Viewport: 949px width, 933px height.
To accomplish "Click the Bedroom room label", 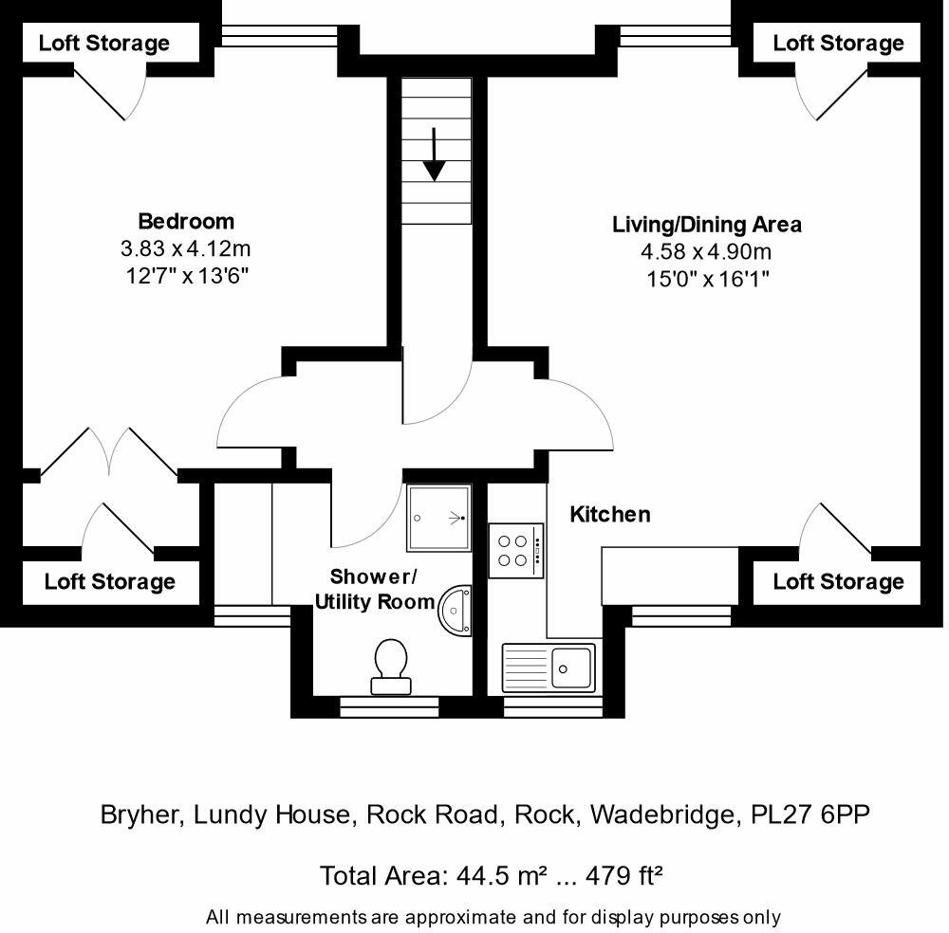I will tap(186, 222).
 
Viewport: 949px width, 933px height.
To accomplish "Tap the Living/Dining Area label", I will tap(706, 225).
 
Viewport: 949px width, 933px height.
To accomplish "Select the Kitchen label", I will tap(609, 515).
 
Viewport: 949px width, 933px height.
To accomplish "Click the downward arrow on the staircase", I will tap(435, 154).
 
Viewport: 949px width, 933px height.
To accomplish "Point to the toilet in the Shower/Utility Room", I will tap(391, 664).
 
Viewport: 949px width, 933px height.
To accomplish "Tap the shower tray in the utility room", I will tap(438, 518).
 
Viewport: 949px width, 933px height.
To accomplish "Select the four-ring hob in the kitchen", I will tap(517, 550).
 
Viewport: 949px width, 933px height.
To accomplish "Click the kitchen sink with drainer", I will tap(549, 668).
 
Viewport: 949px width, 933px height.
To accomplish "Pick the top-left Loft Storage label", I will tap(103, 44).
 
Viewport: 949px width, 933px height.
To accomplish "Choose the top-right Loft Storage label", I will tap(838, 44).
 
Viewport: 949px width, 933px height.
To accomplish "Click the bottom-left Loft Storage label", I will tap(110, 582).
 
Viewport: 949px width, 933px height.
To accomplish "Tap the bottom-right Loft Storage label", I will tap(838, 582).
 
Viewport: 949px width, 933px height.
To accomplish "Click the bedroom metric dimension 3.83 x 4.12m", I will tap(186, 249).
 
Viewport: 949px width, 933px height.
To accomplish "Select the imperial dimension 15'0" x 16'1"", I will tap(706, 279).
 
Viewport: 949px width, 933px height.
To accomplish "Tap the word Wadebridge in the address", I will tap(662, 814).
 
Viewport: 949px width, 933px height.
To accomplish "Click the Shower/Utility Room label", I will tap(374, 589).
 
